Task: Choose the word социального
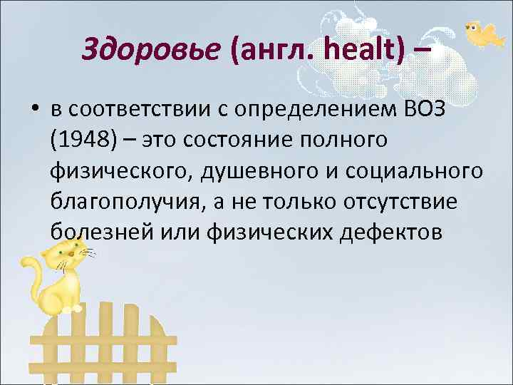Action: coord(421,170)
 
